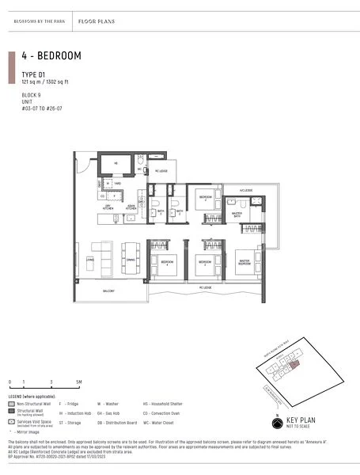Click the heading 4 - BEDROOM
[54, 56]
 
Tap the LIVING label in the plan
[91, 259]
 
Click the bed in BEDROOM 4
[166, 266]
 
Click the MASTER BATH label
[237, 214]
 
